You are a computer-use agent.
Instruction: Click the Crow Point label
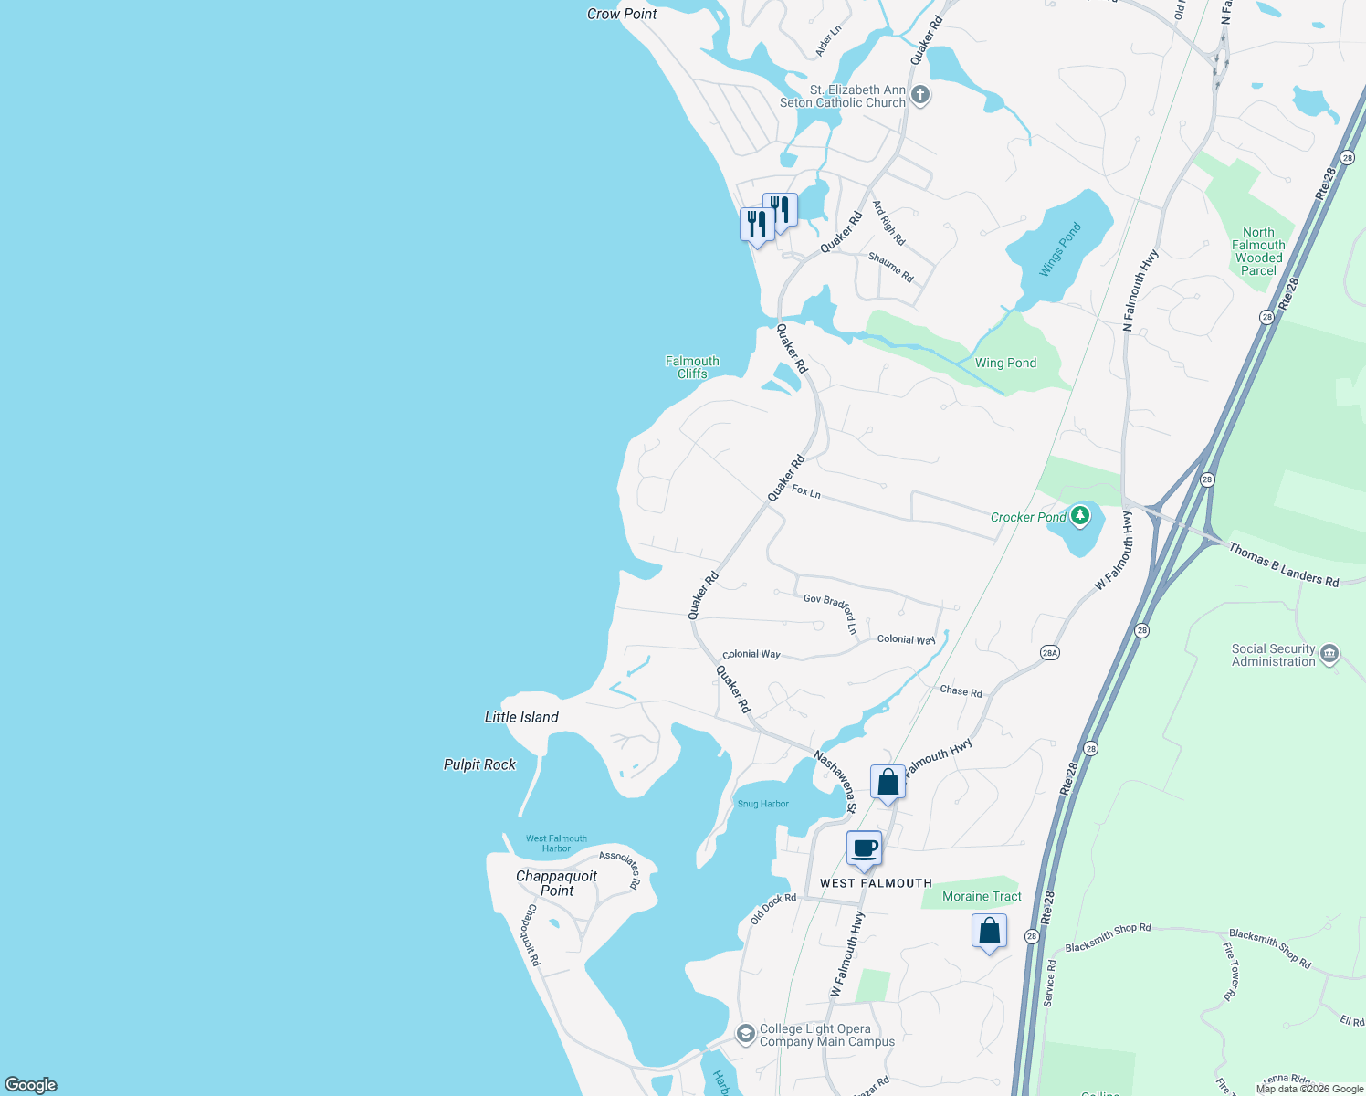point(622,14)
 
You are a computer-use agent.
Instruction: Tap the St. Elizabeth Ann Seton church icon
point(920,94)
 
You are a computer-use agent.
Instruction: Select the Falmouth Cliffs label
point(692,367)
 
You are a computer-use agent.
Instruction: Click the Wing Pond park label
point(1005,363)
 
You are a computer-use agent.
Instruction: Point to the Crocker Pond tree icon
point(1080,516)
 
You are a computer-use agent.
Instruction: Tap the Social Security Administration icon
point(1329,653)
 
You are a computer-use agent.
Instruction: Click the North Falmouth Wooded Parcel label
point(1258,251)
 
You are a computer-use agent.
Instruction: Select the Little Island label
point(521,717)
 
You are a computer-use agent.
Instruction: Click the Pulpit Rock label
point(479,764)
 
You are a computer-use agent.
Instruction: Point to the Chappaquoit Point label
point(556,883)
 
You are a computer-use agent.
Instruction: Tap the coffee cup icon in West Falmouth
point(864,849)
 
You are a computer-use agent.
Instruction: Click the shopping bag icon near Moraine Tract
point(989,933)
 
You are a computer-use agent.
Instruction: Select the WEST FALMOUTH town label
point(876,883)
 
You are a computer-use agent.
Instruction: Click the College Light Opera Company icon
point(746,1033)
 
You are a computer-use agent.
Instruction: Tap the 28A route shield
point(1050,653)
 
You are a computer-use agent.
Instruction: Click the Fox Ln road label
point(806,491)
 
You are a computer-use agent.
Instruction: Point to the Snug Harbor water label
point(762,804)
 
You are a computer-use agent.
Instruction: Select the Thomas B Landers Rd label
point(1283,564)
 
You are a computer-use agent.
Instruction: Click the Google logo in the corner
point(31,1085)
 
